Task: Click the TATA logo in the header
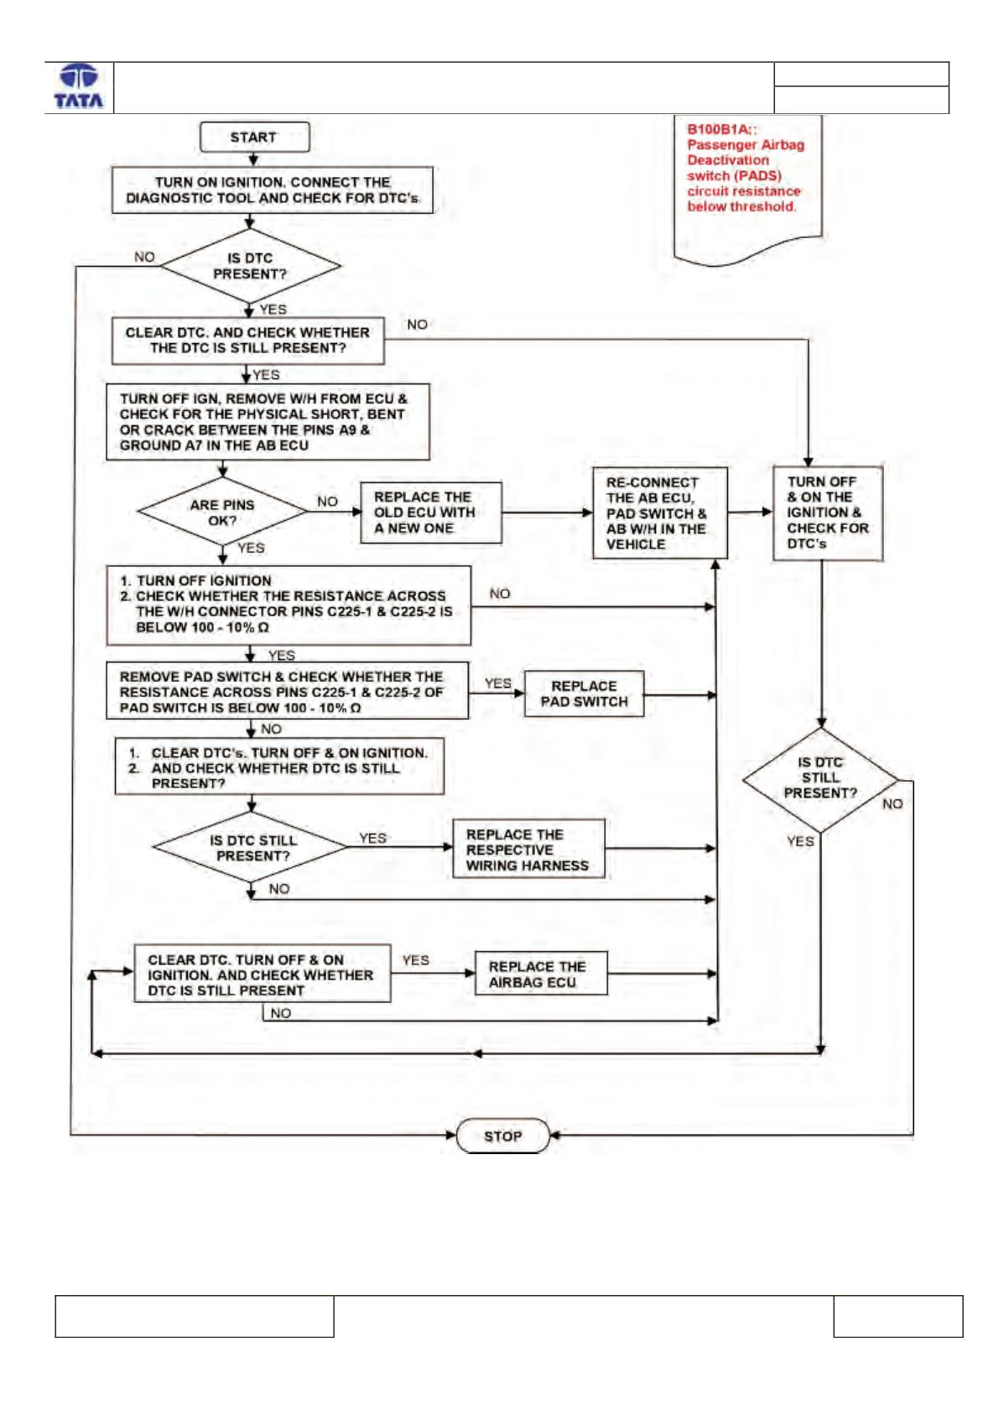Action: point(79,86)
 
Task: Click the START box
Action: point(254,137)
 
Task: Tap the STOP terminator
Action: point(502,1136)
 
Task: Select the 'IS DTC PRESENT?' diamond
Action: point(250,266)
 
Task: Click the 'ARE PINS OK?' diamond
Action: point(222,512)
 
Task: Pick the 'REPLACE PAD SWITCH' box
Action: point(584,694)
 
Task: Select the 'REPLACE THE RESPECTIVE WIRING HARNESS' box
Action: point(528,850)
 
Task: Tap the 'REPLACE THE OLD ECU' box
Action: point(431,512)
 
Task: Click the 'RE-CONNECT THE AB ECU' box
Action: point(660,512)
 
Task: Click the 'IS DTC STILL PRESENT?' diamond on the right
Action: point(820,780)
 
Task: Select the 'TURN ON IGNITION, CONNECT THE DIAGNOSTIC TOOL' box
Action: point(273,190)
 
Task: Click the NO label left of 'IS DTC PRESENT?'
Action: point(144,257)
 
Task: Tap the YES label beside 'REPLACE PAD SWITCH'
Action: point(497,684)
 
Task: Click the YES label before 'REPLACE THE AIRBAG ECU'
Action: point(415,960)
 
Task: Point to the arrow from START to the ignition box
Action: point(253,159)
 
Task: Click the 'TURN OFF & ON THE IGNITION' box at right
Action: point(828,513)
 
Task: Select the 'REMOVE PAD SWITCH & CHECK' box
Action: point(288,691)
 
